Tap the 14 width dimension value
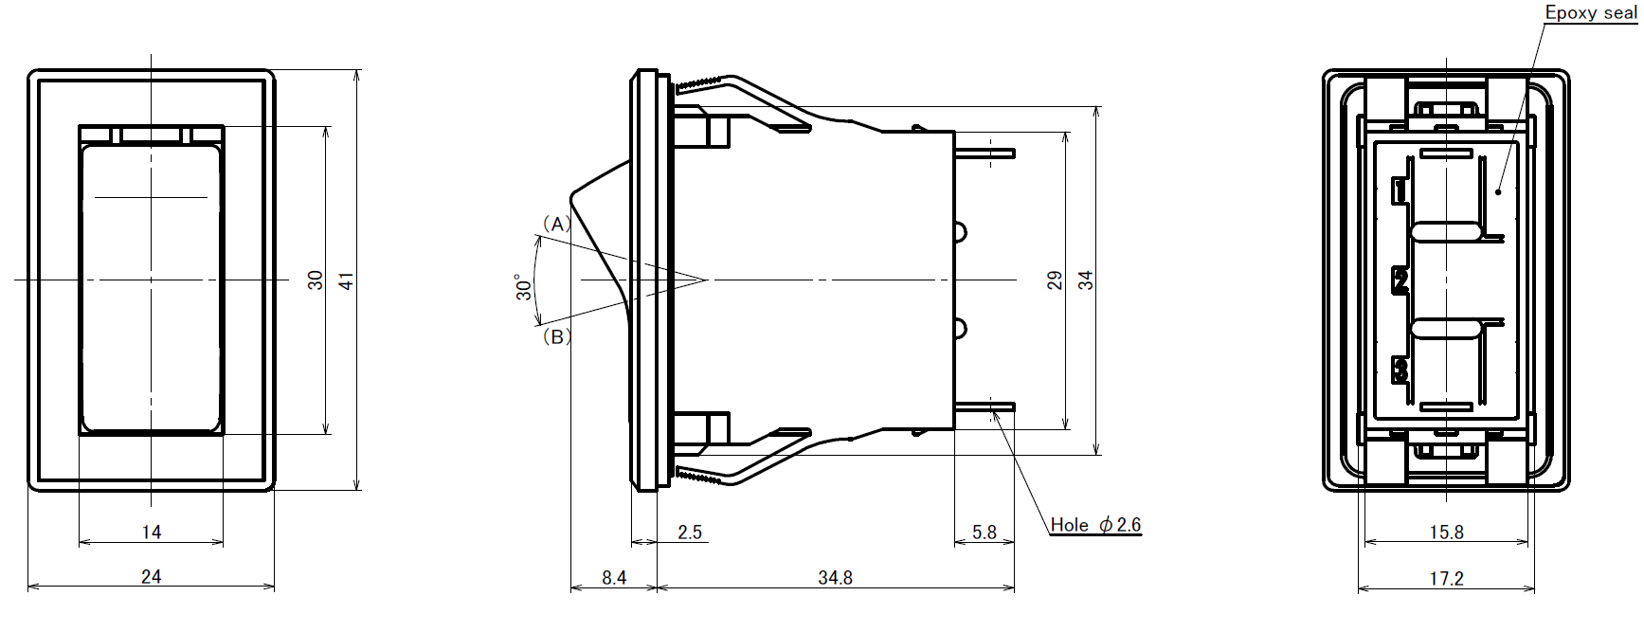(x=152, y=533)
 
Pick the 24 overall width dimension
(x=152, y=576)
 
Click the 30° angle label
(x=523, y=287)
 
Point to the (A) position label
(x=557, y=225)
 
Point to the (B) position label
(x=557, y=336)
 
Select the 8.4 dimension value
(x=614, y=577)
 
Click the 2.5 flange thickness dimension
(x=690, y=533)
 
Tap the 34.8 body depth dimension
(x=835, y=577)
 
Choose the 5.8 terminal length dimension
(x=985, y=533)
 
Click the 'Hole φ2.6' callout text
(x=1095, y=525)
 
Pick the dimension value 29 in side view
(x=1055, y=280)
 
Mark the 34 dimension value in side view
(x=1086, y=280)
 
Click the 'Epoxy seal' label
(x=1591, y=13)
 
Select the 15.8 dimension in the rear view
(x=1446, y=533)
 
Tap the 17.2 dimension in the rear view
(x=1446, y=578)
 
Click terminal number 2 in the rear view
(x=1400, y=280)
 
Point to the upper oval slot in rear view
(x=1446, y=233)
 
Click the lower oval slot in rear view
(x=1446, y=328)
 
